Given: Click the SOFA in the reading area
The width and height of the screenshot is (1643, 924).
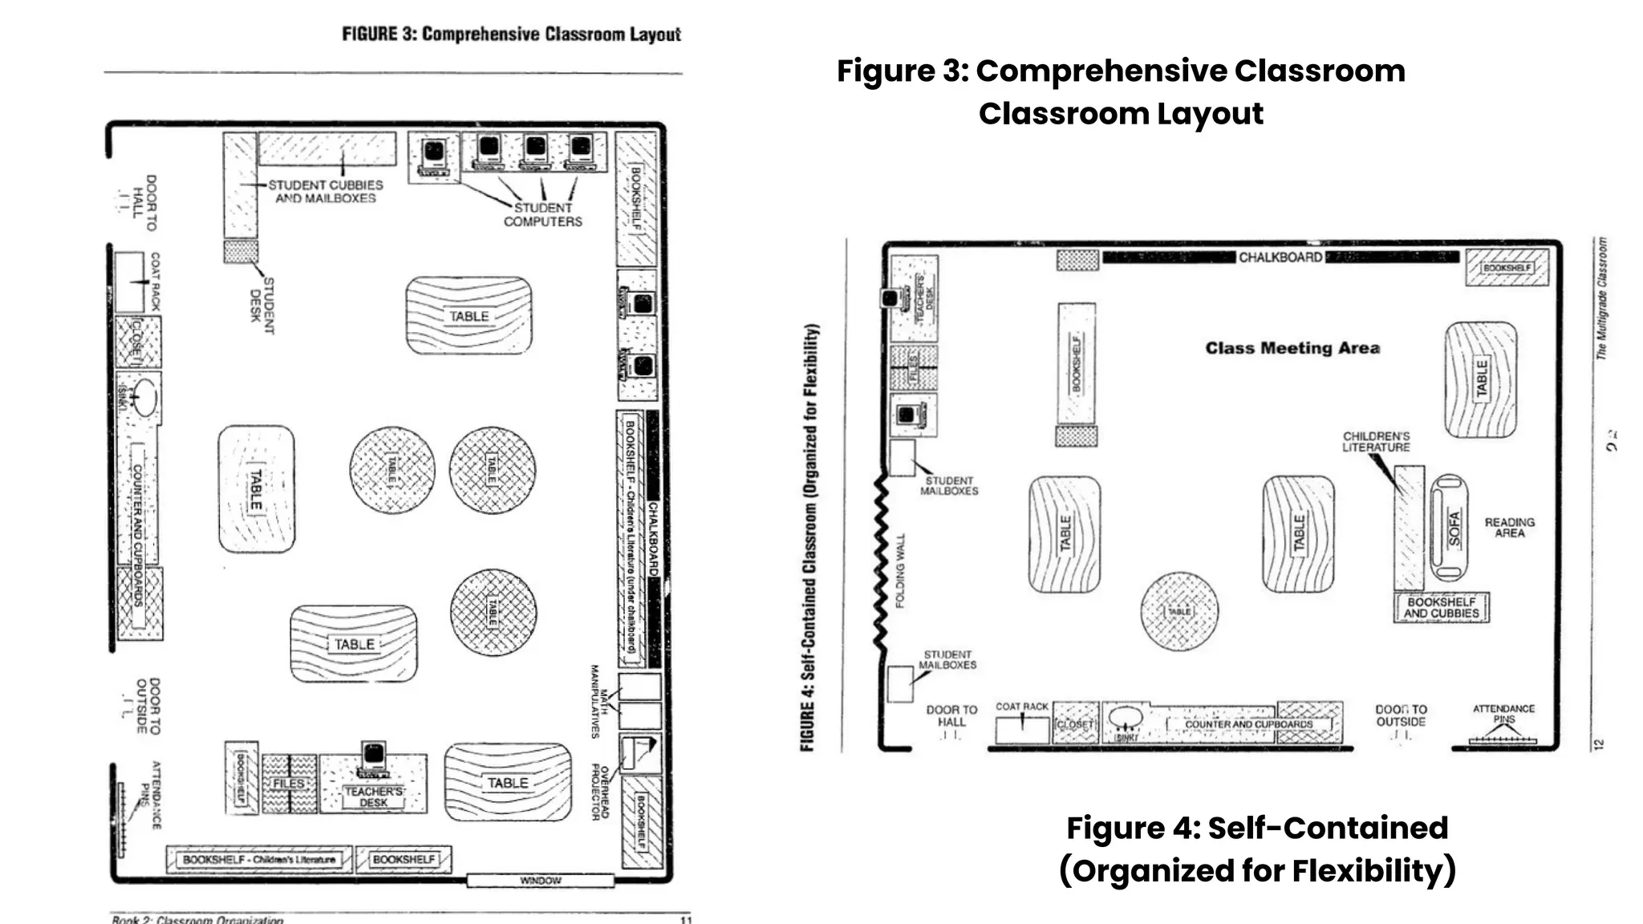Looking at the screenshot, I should tap(1451, 527).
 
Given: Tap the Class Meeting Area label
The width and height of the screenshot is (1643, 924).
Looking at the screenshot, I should tap(1292, 348).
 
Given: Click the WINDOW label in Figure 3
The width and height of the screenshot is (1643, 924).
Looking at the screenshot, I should tap(540, 881).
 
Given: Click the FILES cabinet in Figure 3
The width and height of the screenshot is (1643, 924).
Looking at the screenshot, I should tap(289, 784).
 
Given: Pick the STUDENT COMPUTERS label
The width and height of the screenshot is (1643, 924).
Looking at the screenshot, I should tap(542, 214).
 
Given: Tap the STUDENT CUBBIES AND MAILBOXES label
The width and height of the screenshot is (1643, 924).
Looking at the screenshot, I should tap(325, 191).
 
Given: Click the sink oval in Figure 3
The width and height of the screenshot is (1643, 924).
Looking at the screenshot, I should tap(144, 397).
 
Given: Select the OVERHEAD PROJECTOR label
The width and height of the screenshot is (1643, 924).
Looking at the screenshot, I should tap(600, 792).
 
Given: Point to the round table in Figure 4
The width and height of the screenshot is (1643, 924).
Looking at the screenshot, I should tap(1178, 611).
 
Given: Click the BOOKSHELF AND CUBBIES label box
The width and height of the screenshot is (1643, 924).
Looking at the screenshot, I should tap(1441, 607).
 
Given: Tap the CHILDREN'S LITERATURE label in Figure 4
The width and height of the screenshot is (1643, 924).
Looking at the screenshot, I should tap(1376, 442).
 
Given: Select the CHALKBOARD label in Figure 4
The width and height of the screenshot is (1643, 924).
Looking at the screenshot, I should tap(1280, 257).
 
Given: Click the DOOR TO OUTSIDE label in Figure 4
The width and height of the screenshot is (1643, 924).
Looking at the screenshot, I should tap(1401, 715).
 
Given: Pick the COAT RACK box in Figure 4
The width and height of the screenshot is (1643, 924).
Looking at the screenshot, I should tap(1021, 729).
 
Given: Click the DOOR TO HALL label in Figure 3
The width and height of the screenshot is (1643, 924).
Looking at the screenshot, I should tap(144, 203).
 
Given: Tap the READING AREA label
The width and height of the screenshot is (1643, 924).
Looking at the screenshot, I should tap(1509, 527).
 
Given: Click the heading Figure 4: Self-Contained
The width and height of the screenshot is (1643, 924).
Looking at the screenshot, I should tap(1256, 828).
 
